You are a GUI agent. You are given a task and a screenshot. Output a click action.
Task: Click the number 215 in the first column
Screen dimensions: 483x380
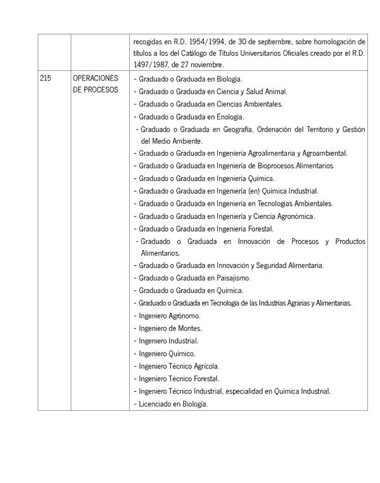pyautogui.click(x=46, y=78)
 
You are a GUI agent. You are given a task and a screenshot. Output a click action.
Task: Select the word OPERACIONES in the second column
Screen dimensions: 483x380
pyautogui.click(x=96, y=78)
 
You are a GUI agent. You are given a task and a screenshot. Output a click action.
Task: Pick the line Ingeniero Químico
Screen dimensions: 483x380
pyautogui.click(x=166, y=353)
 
